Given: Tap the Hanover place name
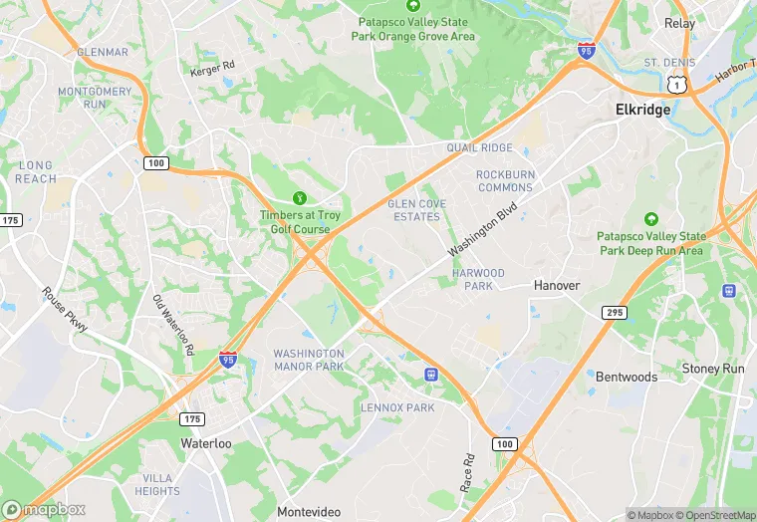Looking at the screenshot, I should (x=556, y=285).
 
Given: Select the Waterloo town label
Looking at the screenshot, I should (x=206, y=441).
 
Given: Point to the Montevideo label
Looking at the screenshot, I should (x=309, y=511).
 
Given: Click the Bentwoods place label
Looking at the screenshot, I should (x=627, y=377).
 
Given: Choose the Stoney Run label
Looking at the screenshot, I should (x=713, y=369).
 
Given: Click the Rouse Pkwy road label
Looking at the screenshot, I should (x=65, y=310).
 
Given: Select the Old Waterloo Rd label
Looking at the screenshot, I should (x=172, y=326).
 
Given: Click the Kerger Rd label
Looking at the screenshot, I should (x=212, y=69).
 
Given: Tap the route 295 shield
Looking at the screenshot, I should (x=615, y=313).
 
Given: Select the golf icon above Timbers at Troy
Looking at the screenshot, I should (x=300, y=198).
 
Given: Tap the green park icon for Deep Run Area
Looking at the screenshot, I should (x=651, y=218).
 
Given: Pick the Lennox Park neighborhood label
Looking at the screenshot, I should (x=397, y=407).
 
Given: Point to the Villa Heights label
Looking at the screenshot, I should (x=157, y=484).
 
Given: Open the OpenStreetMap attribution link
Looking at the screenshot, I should (x=715, y=515).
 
